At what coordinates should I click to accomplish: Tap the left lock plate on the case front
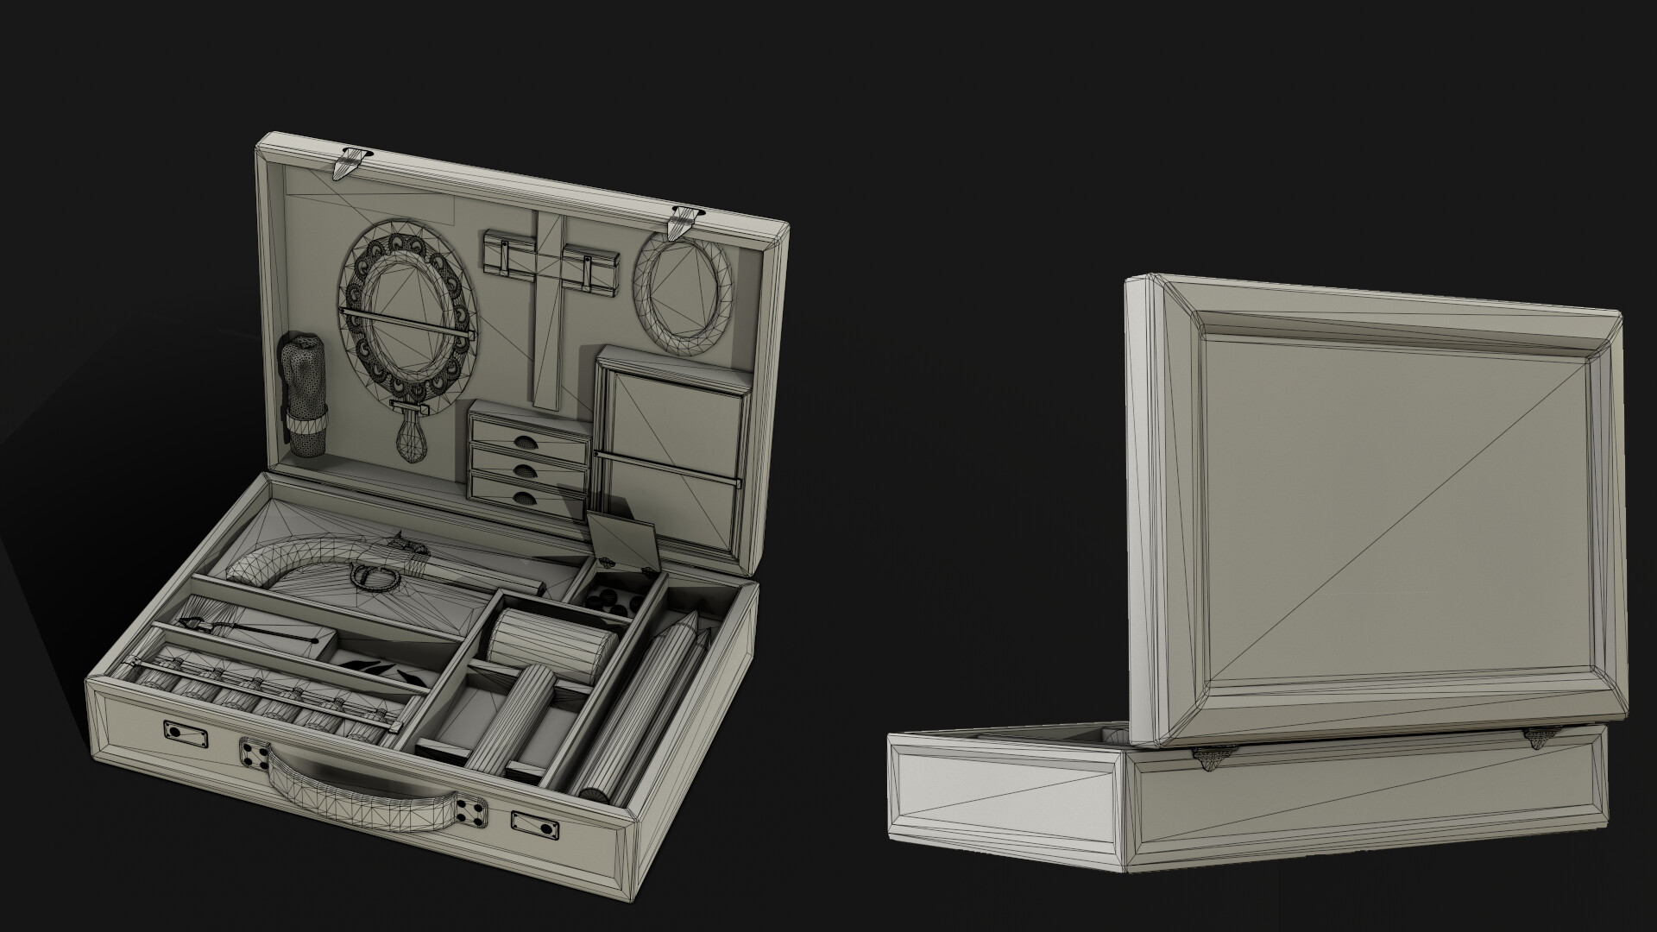click(x=185, y=732)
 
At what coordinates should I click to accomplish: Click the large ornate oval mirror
click(x=406, y=305)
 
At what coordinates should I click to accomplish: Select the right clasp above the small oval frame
click(x=684, y=223)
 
